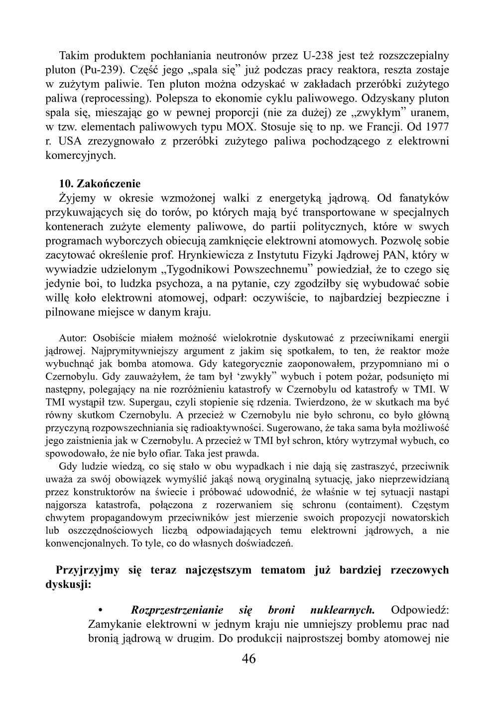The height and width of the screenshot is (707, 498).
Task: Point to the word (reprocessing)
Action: [111, 98]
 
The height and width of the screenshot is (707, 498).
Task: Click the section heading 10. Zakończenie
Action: [100, 184]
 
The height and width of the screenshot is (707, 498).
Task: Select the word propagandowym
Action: [122, 518]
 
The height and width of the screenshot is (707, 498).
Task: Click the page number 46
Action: [249, 659]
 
